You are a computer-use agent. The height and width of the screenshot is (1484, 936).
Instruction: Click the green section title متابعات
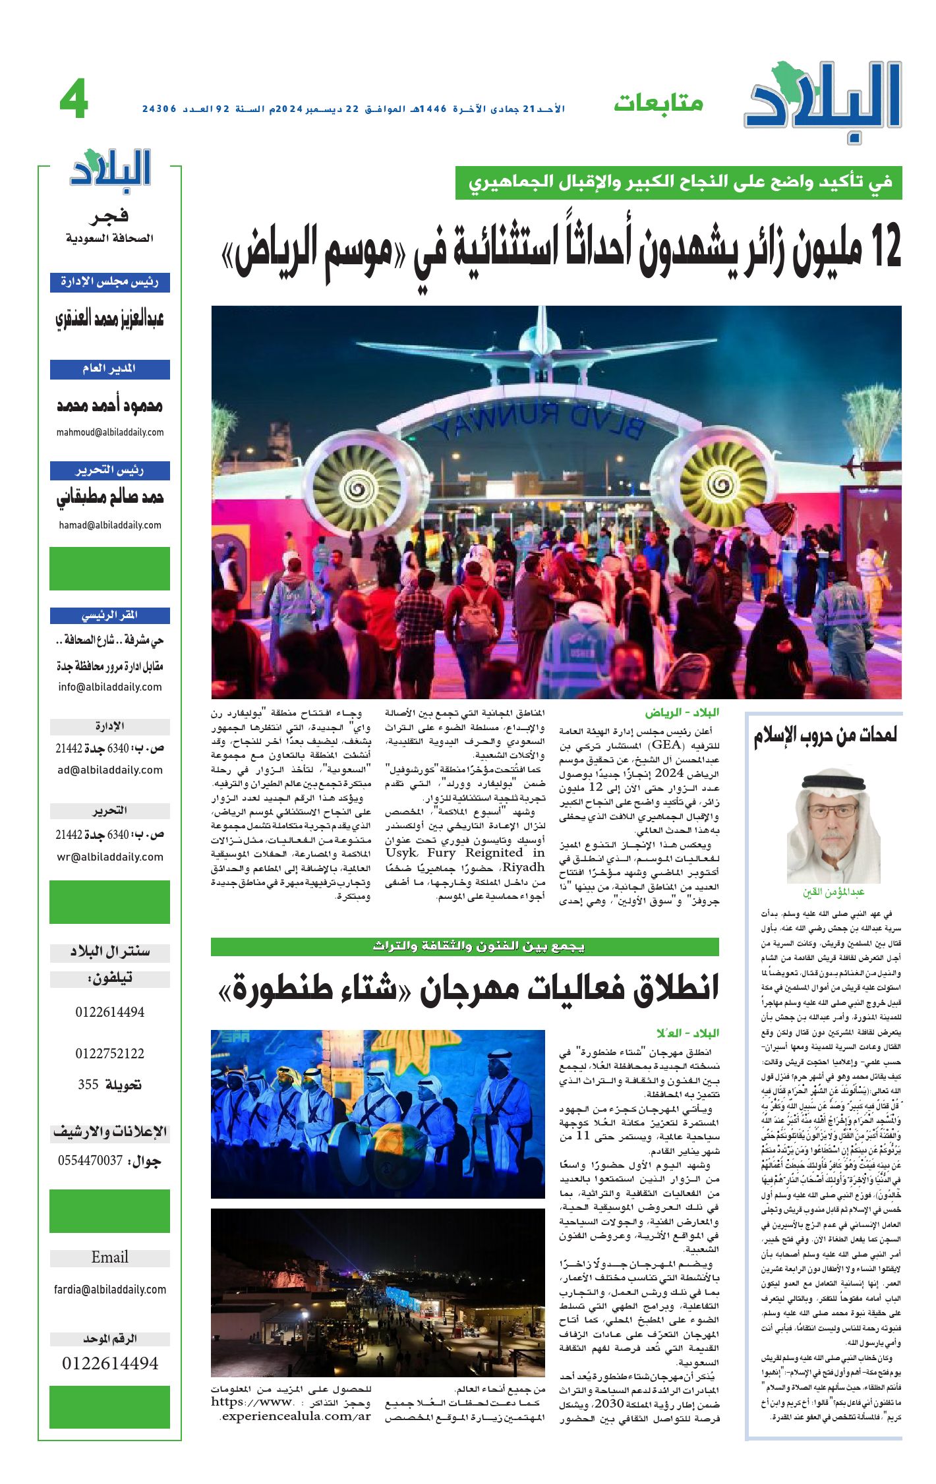click(658, 103)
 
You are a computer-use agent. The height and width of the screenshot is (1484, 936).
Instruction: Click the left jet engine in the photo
click(357, 487)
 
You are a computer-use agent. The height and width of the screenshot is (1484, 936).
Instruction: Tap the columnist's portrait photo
click(833, 828)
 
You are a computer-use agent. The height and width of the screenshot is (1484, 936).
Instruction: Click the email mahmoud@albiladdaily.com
click(110, 432)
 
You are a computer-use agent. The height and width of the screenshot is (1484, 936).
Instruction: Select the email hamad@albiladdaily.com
click(110, 525)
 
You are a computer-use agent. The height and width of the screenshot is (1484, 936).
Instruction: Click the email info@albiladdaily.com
click(110, 687)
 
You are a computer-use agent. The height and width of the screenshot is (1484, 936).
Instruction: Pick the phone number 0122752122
click(110, 1053)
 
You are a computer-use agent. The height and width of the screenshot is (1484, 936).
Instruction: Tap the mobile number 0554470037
click(90, 1160)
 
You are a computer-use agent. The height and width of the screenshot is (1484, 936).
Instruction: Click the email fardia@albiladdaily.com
click(110, 1290)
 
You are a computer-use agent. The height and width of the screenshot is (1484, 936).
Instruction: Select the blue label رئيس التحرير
click(110, 471)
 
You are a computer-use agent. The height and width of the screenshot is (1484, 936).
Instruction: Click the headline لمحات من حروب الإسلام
click(825, 735)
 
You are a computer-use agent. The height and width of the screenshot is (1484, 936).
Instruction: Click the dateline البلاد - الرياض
click(682, 712)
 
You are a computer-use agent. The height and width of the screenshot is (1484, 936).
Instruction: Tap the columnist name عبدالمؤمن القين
click(833, 892)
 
